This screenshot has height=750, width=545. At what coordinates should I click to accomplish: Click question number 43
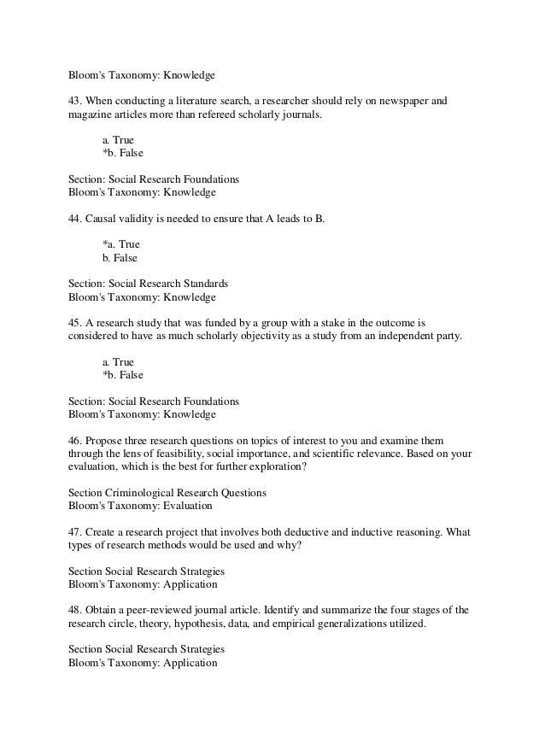75,102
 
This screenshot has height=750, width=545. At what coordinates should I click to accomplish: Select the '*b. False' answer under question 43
123,154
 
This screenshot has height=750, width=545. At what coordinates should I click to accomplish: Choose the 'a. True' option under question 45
118,361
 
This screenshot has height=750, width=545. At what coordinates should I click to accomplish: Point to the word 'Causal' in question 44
102,219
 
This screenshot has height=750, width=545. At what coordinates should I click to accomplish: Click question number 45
75,324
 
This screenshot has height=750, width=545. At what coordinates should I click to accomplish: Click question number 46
75,442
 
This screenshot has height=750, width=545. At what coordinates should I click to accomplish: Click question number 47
75,531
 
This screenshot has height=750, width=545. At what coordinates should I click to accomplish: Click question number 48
75,610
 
